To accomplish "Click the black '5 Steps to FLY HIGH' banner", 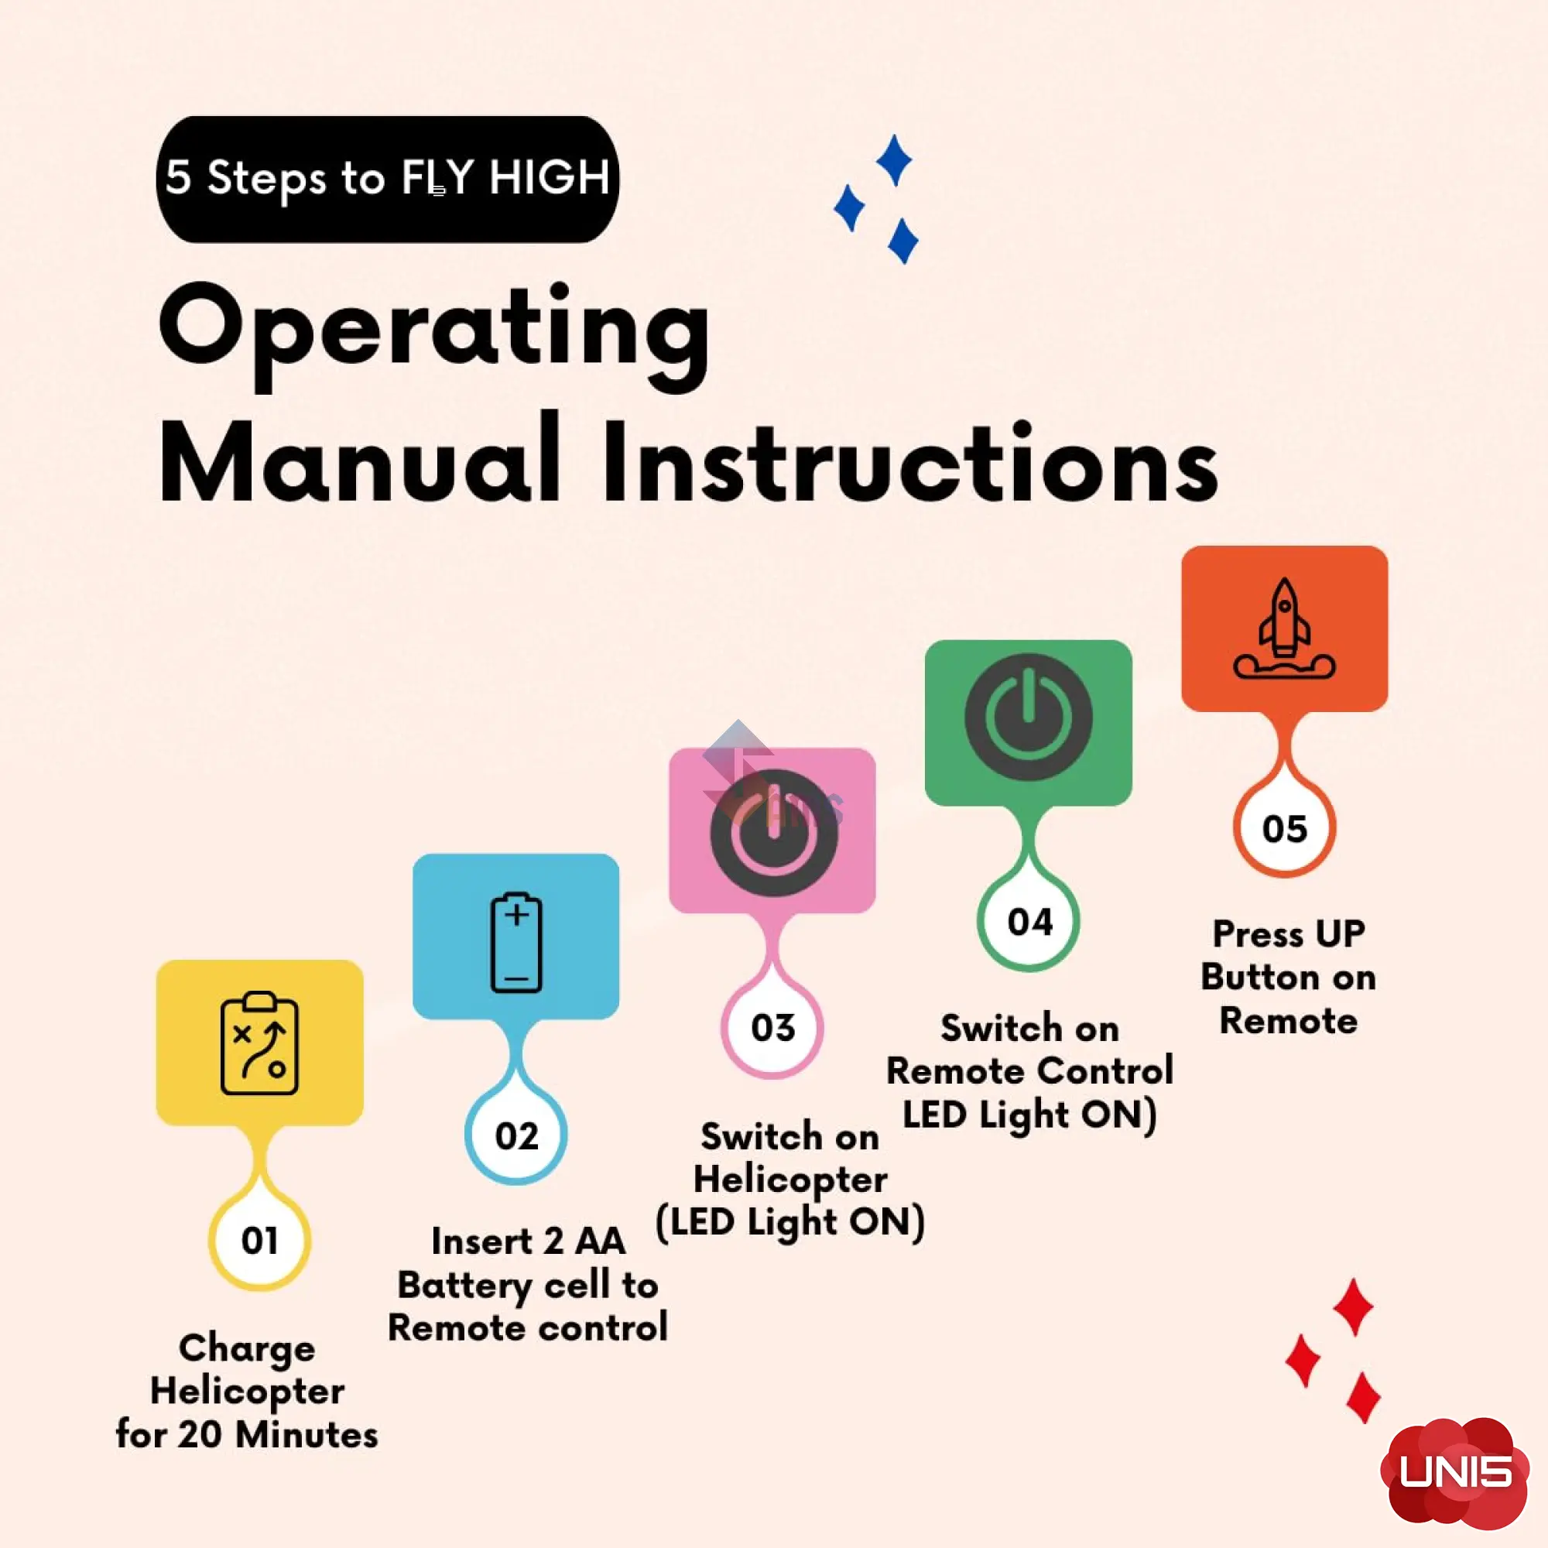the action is (387, 179).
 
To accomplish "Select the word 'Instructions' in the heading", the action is (910, 461).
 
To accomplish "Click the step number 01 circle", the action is (259, 1240).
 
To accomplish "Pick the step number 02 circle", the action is (516, 1135).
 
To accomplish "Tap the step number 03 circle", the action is (772, 1028).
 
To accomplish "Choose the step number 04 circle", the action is (1029, 921).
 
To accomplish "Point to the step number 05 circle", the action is (1284, 827).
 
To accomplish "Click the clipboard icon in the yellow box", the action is (259, 1043).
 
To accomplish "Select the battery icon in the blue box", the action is (516, 942).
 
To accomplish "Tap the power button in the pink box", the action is (773, 833).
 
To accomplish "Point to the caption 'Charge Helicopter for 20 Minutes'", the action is (247, 1392).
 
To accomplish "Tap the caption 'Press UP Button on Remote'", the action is (1289, 977).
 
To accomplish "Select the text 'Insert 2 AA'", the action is (528, 1241).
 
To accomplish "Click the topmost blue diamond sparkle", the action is (894, 160).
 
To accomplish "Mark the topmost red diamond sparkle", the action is (1353, 1307).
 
